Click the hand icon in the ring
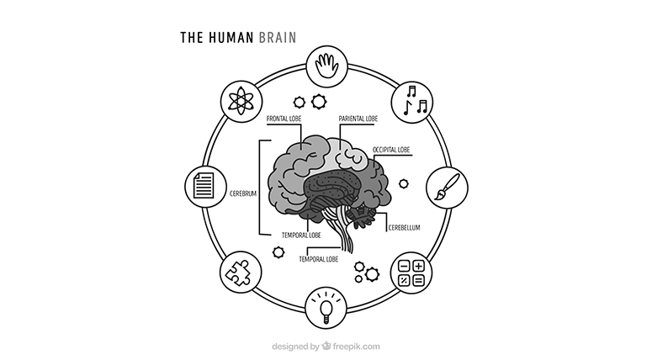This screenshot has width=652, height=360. pos(326,66)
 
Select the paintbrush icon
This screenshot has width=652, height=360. pos(447,187)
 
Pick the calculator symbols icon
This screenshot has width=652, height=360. pos(411,273)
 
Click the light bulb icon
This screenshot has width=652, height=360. pos(326,308)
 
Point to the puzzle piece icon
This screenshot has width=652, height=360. pos(238,273)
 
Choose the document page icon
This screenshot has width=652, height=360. pos(204,186)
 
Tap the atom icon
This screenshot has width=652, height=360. pos(241,102)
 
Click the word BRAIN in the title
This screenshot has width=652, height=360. pos(278,37)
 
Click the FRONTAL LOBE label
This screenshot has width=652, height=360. pos(284,119)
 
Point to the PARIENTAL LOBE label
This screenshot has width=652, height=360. pos(358,119)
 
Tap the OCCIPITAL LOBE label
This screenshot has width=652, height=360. pos(391,150)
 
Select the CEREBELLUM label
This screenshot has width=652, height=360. pos(404,228)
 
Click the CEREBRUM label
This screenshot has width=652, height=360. pos(243,193)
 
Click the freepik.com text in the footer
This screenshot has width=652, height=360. pos(356,347)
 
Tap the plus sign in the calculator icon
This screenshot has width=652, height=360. pos(418,266)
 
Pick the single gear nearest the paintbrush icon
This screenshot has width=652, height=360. pos(403,183)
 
